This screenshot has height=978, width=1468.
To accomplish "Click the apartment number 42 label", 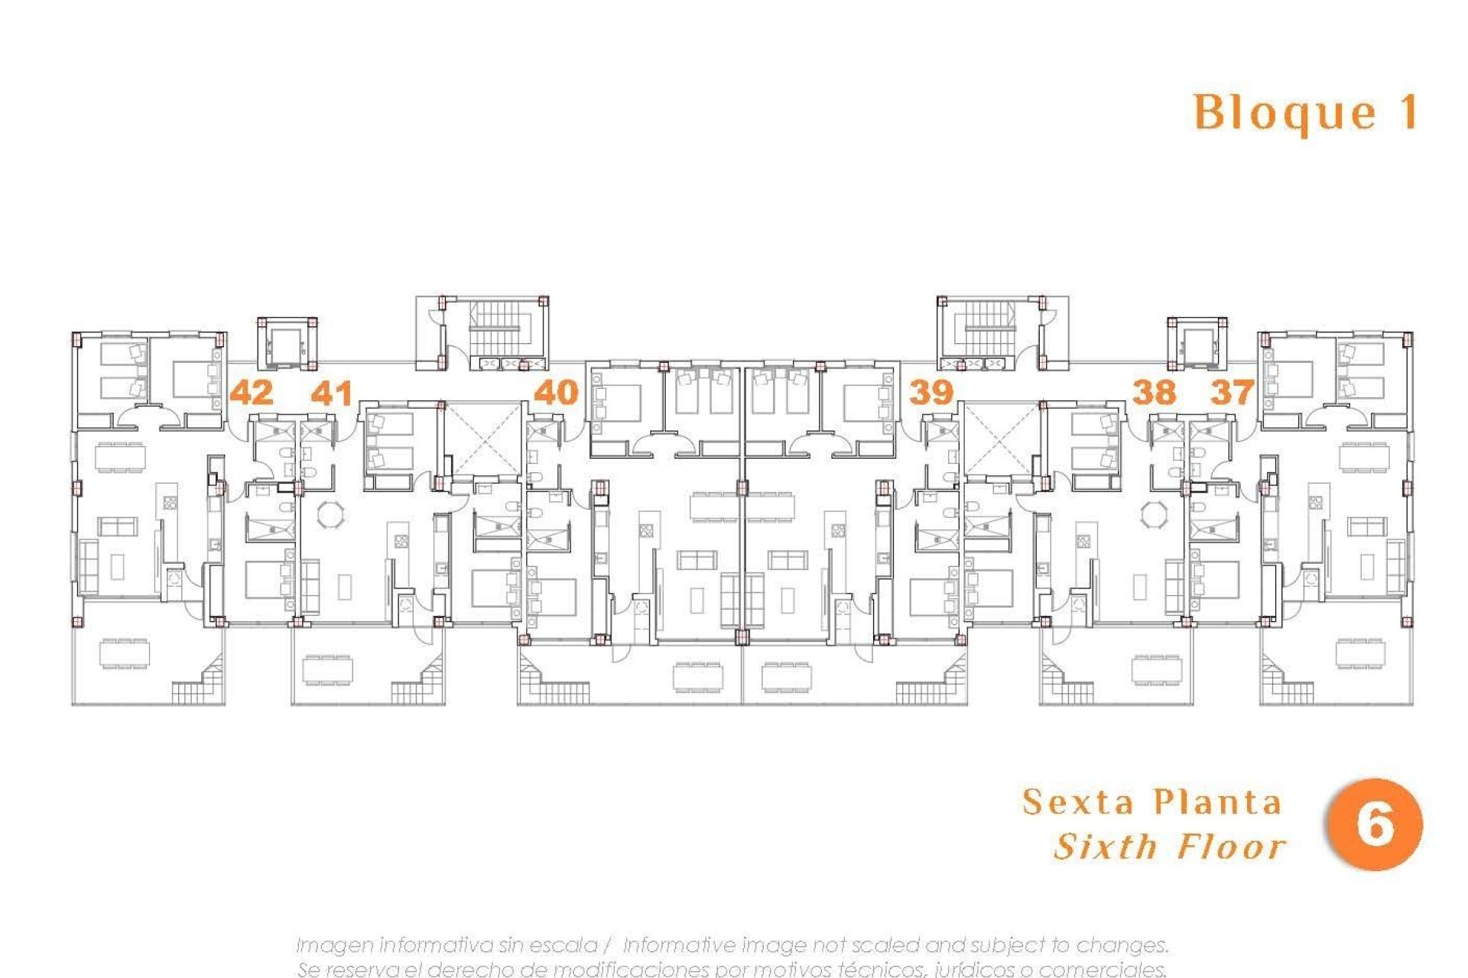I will point(252,393).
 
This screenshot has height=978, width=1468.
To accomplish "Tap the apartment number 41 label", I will point(332,393).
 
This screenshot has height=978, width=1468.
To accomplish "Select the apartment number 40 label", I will point(556,393).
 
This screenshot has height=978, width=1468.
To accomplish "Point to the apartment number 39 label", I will point(931,393).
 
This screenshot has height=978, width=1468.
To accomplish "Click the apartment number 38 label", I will point(1154,393).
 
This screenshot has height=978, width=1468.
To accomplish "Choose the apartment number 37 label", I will point(1232,393).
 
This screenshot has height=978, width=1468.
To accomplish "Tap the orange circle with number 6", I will point(1375,824).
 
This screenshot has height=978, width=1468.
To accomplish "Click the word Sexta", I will point(1078,802).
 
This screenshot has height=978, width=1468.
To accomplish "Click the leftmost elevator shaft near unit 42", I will point(286,345).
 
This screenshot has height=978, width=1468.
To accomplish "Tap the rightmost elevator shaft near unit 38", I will point(1197,345).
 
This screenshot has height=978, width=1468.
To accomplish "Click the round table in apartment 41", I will point(331,514).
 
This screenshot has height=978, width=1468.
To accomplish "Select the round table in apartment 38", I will point(1154,514).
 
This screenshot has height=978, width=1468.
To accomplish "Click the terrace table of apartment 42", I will point(125,654).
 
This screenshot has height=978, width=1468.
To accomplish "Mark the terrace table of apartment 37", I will point(1359,654).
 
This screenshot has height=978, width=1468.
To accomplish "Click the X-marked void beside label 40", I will point(482,439).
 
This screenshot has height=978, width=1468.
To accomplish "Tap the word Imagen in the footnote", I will point(333,945).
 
